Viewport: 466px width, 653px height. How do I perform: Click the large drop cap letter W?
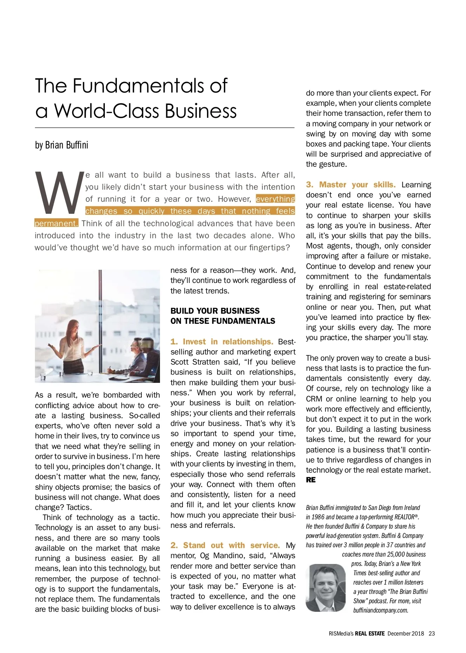pyautogui.click(x=59, y=193)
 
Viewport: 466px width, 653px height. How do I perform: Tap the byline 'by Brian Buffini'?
pyautogui.click(x=61, y=145)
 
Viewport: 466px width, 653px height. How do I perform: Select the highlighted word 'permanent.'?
pyautogui.click(x=56, y=223)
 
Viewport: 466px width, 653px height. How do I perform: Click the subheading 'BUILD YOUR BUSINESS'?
pyautogui.click(x=215, y=311)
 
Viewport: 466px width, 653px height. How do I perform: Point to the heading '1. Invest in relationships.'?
pyautogui.click(x=222, y=342)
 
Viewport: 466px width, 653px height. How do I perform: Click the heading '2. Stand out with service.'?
pyautogui.click(x=225, y=545)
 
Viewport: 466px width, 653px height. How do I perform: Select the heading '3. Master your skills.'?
pyautogui.click(x=351, y=185)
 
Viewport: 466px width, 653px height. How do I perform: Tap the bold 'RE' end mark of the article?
pyautogui.click(x=311, y=480)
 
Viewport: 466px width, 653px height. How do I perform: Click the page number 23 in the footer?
pyautogui.click(x=432, y=634)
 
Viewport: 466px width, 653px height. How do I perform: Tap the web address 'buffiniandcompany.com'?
pyautogui.click(x=381, y=610)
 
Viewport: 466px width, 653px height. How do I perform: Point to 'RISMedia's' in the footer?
pyautogui.click(x=341, y=634)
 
